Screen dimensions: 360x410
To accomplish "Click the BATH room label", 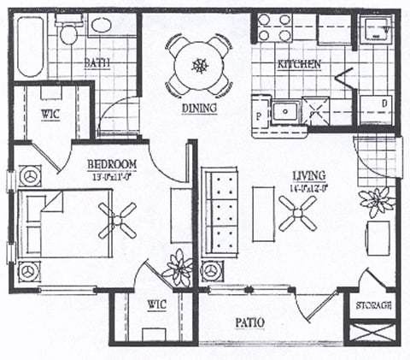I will coord(96,62).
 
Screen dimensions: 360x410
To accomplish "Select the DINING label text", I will coord(199,109).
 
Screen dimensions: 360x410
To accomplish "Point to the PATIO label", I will coord(248,322).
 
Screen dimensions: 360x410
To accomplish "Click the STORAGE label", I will coord(373,305).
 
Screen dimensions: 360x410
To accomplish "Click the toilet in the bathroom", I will coord(68,32).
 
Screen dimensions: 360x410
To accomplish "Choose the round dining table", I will coord(199,65).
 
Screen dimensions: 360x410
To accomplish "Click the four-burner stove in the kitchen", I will coord(275,27).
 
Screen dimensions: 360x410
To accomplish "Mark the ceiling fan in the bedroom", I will coord(116,219).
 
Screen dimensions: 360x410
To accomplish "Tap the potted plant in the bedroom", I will coord(179,268).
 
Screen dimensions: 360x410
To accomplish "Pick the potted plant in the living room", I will coord(376,203).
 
